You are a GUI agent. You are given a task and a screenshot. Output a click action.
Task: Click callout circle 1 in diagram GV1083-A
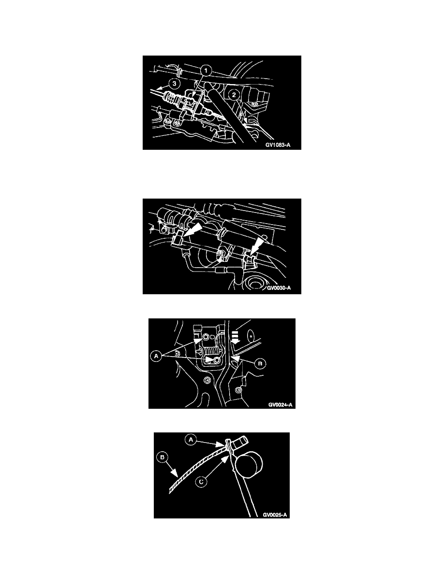pyautogui.click(x=206, y=70)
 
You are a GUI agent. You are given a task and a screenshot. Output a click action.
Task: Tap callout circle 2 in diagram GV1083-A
pyautogui.click(x=234, y=94)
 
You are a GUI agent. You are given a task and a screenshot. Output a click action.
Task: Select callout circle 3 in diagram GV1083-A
pyautogui.click(x=174, y=84)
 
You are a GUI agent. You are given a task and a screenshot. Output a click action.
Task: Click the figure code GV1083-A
pyautogui.click(x=278, y=145)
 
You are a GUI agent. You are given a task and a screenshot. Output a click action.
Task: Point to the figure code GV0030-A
pyautogui.click(x=279, y=288)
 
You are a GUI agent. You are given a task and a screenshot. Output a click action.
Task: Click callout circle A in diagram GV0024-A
pyautogui.click(x=156, y=356)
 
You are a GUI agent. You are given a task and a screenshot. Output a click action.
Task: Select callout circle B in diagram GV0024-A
pyautogui.click(x=260, y=363)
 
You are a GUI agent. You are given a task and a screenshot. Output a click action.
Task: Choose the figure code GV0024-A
pyautogui.click(x=281, y=404)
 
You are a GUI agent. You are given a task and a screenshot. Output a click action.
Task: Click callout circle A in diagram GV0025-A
pyautogui.click(x=191, y=439)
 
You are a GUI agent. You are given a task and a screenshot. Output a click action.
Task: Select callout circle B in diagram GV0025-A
pyautogui.click(x=162, y=457)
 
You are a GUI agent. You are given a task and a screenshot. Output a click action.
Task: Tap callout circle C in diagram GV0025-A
pyautogui.click(x=201, y=482)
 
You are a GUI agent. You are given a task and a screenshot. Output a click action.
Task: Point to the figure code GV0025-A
pyautogui.click(x=275, y=515)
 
